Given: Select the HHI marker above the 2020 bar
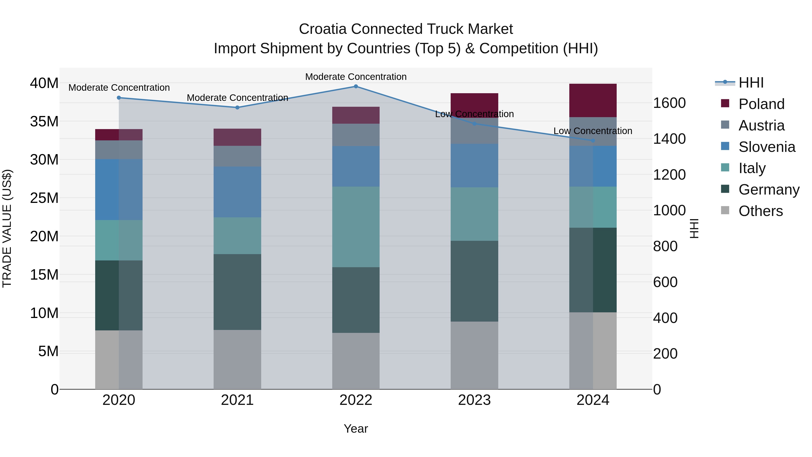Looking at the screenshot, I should pyautogui.click(x=119, y=98).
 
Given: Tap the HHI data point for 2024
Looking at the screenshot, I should pyautogui.click(x=593, y=140).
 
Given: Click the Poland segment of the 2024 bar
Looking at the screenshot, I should pyautogui.click(x=593, y=100).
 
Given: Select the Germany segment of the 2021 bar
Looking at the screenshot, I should pyautogui.click(x=237, y=292).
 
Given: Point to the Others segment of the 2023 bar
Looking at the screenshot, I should pyautogui.click(x=474, y=355).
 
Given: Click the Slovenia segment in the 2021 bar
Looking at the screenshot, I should pyautogui.click(x=237, y=192).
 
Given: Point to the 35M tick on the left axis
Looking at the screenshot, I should pyautogui.click(x=44, y=121).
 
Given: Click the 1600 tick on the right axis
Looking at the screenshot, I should pyautogui.click(x=669, y=103).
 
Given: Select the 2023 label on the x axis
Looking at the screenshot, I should pyautogui.click(x=474, y=400).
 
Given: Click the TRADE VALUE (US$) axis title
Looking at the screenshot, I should pyautogui.click(x=7, y=229).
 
